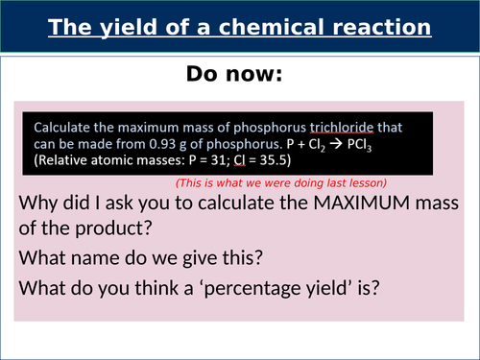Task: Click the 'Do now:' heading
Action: [x=240, y=75]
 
